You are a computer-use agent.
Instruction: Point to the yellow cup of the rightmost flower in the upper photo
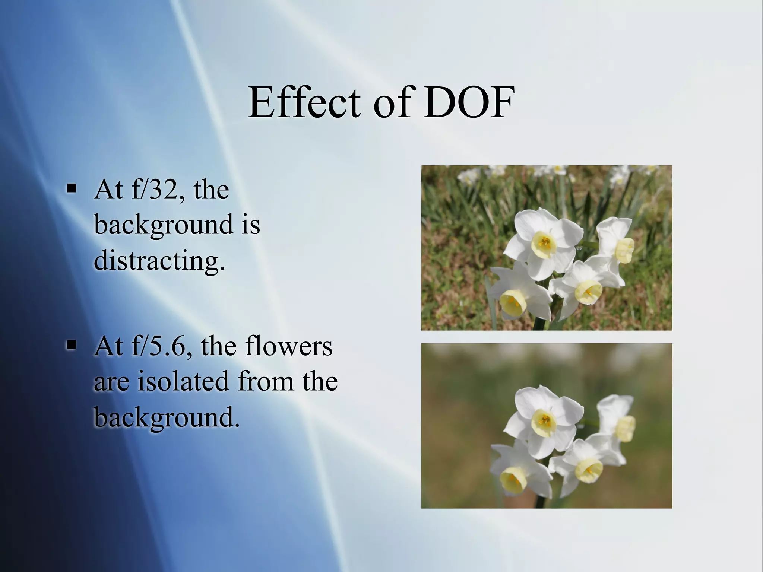(624, 250)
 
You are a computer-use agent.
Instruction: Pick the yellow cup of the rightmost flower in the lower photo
(625, 428)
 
